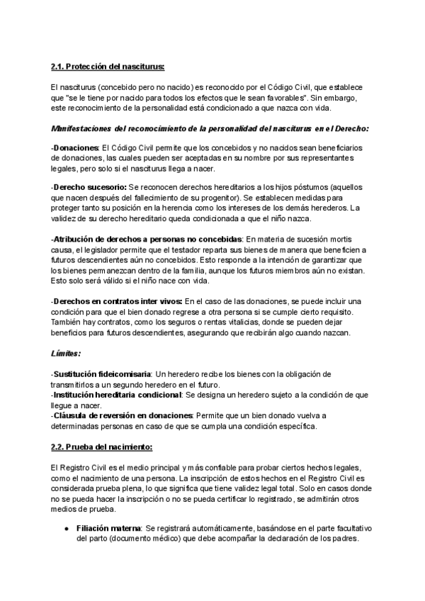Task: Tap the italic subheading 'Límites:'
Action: [65, 352]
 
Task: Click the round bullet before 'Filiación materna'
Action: [65, 529]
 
